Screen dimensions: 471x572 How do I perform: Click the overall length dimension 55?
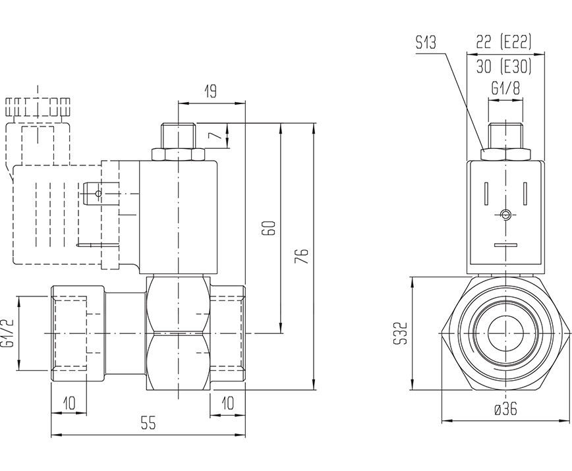pos(148,424)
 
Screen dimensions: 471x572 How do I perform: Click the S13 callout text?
pos(426,43)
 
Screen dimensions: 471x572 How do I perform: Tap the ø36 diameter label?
pos(505,409)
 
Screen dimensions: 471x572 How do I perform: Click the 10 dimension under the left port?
pos(69,402)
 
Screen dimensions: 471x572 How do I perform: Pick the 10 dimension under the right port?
pos(227,402)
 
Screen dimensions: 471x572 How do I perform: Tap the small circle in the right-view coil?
pos(505,215)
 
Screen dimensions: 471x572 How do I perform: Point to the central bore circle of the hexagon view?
pos(505,334)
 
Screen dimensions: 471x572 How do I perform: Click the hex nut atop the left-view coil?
pos(179,155)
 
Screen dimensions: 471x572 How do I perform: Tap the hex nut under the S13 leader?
pos(505,155)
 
